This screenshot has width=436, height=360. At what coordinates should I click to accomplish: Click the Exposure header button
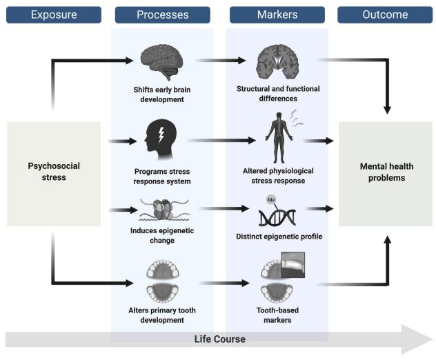(x=54, y=14)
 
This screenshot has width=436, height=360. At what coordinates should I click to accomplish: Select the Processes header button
(x=163, y=14)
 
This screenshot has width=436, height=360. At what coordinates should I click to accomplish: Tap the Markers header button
(x=277, y=14)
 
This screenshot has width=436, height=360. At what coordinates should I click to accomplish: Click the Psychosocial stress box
(x=54, y=172)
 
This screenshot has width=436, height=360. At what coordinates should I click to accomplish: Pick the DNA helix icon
(x=277, y=216)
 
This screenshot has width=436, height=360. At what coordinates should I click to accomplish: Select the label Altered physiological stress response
(x=278, y=175)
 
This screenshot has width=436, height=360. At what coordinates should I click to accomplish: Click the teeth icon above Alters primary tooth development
(x=163, y=280)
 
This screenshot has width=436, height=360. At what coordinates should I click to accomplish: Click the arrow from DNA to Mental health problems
(x=319, y=208)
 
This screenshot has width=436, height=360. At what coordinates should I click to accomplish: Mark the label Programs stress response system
(x=163, y=176)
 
